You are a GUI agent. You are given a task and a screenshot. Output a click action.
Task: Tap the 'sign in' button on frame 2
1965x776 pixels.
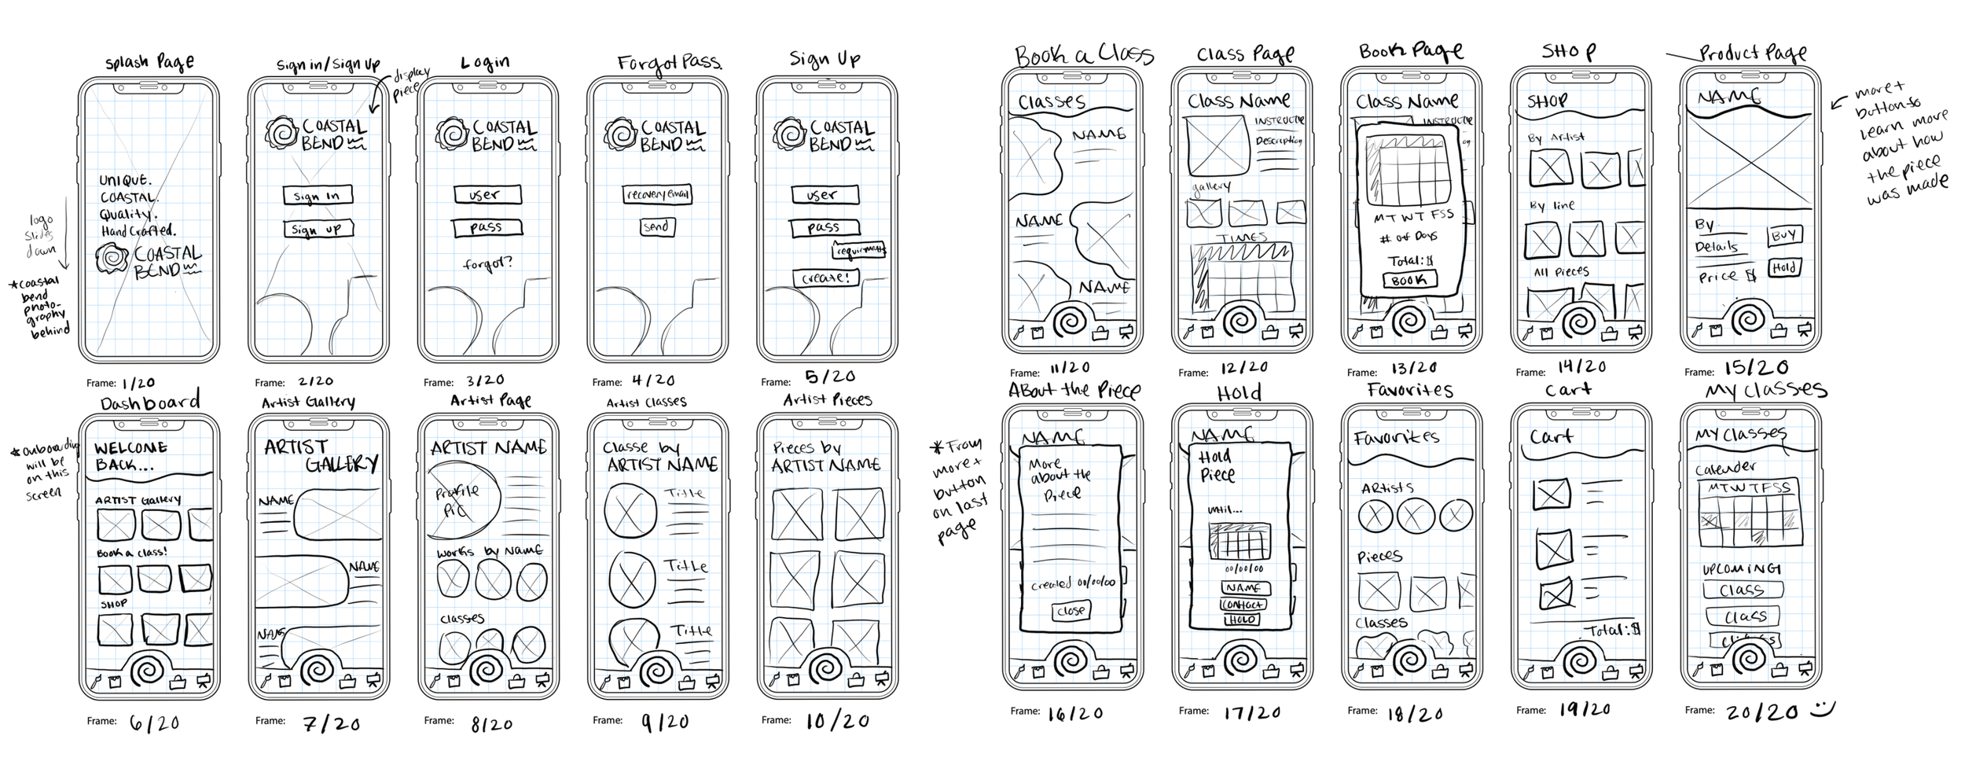[318, 195]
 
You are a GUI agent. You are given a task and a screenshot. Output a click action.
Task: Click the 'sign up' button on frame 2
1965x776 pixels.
[318, 229]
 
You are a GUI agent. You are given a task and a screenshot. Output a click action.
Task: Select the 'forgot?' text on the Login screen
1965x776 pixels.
[487, 263]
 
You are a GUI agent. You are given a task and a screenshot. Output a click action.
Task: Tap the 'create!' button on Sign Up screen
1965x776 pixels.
[825, 278]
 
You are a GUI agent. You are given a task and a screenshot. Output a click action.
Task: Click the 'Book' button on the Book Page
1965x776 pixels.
[1409, 280]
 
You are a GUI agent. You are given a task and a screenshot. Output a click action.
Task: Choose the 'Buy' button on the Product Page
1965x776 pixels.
[1784, 235]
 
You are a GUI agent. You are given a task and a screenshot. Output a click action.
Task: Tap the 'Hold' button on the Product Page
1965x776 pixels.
[1784, 268]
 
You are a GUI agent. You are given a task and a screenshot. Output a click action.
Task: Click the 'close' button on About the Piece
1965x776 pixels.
[1071, 610]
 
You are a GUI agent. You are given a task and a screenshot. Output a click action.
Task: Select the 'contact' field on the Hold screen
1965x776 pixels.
[1243, 605]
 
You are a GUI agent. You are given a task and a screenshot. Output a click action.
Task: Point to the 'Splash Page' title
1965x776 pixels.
[149, 62]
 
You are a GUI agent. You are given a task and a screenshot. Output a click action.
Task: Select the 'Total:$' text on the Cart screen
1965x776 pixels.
[1611, 630]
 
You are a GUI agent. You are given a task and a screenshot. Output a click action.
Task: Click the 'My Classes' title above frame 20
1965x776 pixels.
[1765, 390]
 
